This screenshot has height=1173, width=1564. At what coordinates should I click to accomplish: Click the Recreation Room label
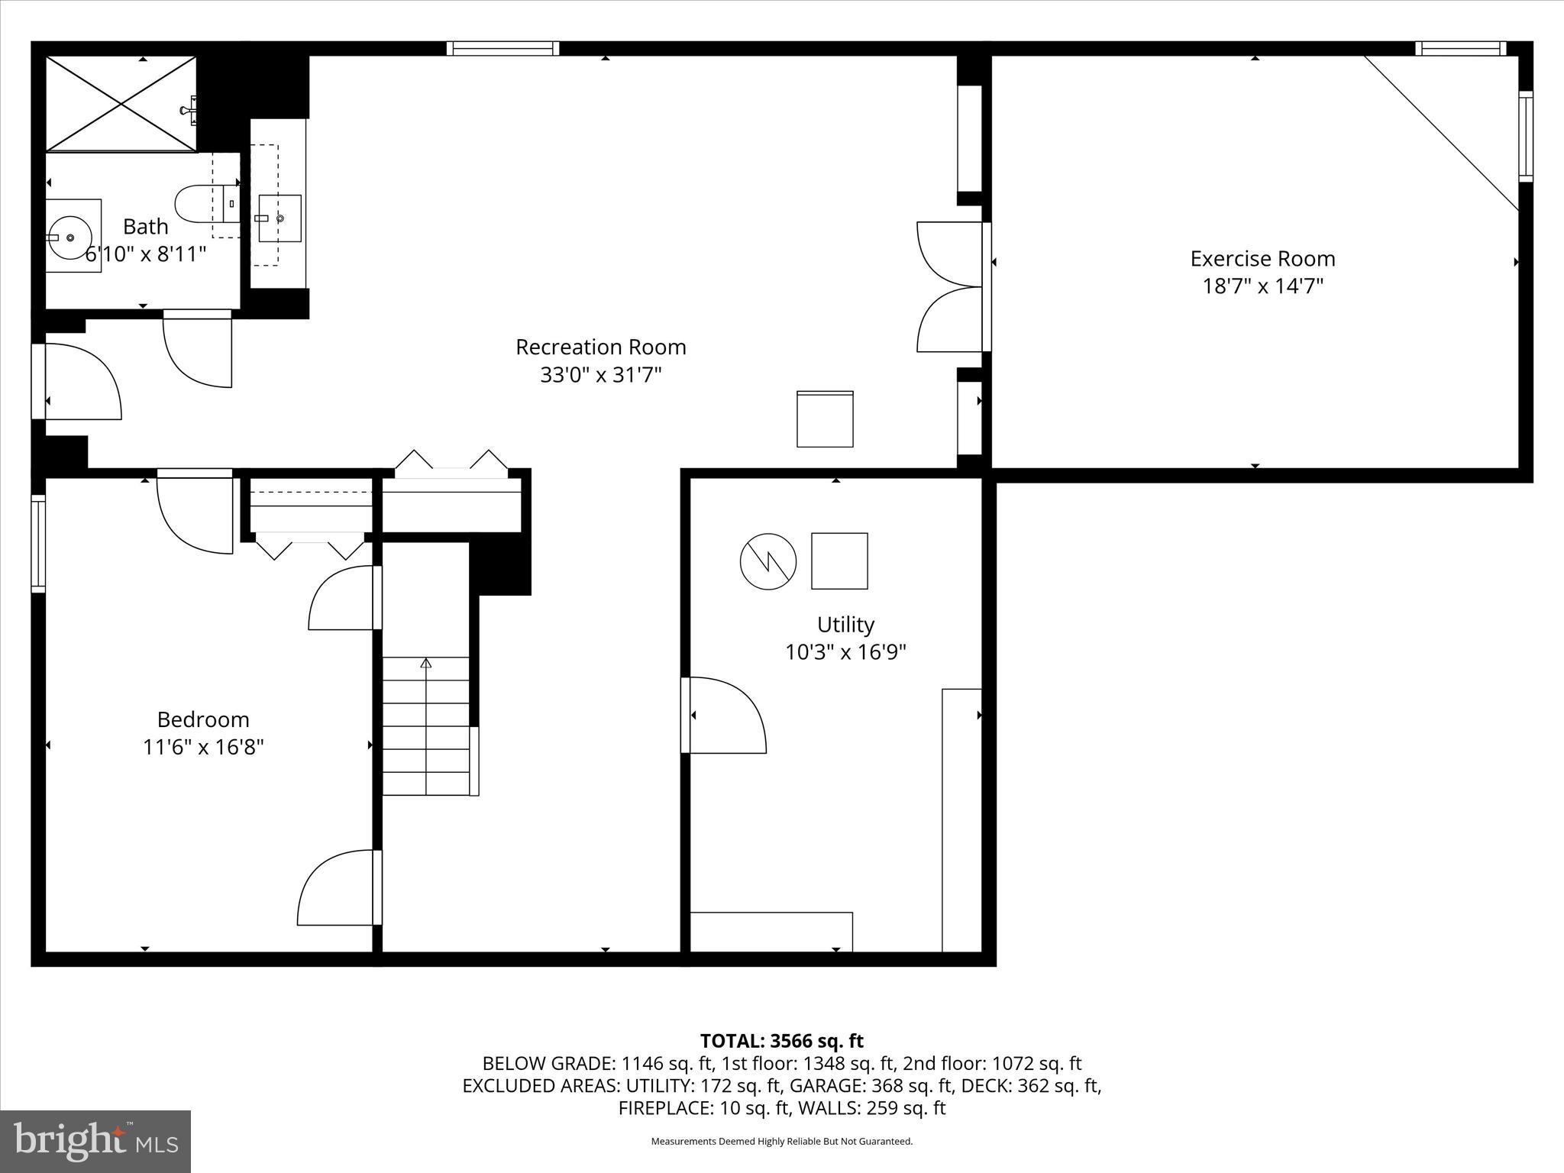pos(600,347)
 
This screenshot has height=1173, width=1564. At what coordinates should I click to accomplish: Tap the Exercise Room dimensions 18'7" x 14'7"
pos(1262,286)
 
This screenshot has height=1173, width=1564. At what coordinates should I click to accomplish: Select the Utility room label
pos(845,625)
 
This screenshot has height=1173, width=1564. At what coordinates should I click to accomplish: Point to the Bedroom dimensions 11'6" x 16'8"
pos(203,747)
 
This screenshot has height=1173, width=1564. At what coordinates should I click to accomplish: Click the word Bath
pos(146,227)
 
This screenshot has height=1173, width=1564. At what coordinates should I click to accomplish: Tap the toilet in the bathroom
pos(200,203)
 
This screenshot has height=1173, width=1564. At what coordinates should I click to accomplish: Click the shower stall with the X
pos(121,104)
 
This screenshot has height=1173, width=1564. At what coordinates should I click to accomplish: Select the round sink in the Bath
pos(71,237)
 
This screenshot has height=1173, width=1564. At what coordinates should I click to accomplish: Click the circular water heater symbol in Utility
pos(768,561)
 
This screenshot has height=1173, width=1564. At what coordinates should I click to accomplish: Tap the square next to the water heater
pos(839,561)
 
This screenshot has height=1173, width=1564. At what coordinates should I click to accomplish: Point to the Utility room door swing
pos(725,716)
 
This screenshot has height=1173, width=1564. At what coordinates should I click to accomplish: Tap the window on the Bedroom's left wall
pos(38,543)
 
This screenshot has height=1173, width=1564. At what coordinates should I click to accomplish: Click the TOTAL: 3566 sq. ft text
pos(781,1041)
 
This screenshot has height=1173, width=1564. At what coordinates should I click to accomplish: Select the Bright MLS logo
pos(95,1141)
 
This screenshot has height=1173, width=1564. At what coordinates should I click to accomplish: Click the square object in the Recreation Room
pos(825,419)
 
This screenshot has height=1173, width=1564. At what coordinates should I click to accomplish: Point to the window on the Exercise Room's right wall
pos(1525,136)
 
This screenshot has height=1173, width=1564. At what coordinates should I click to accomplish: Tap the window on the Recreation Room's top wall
pos(502,48)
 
